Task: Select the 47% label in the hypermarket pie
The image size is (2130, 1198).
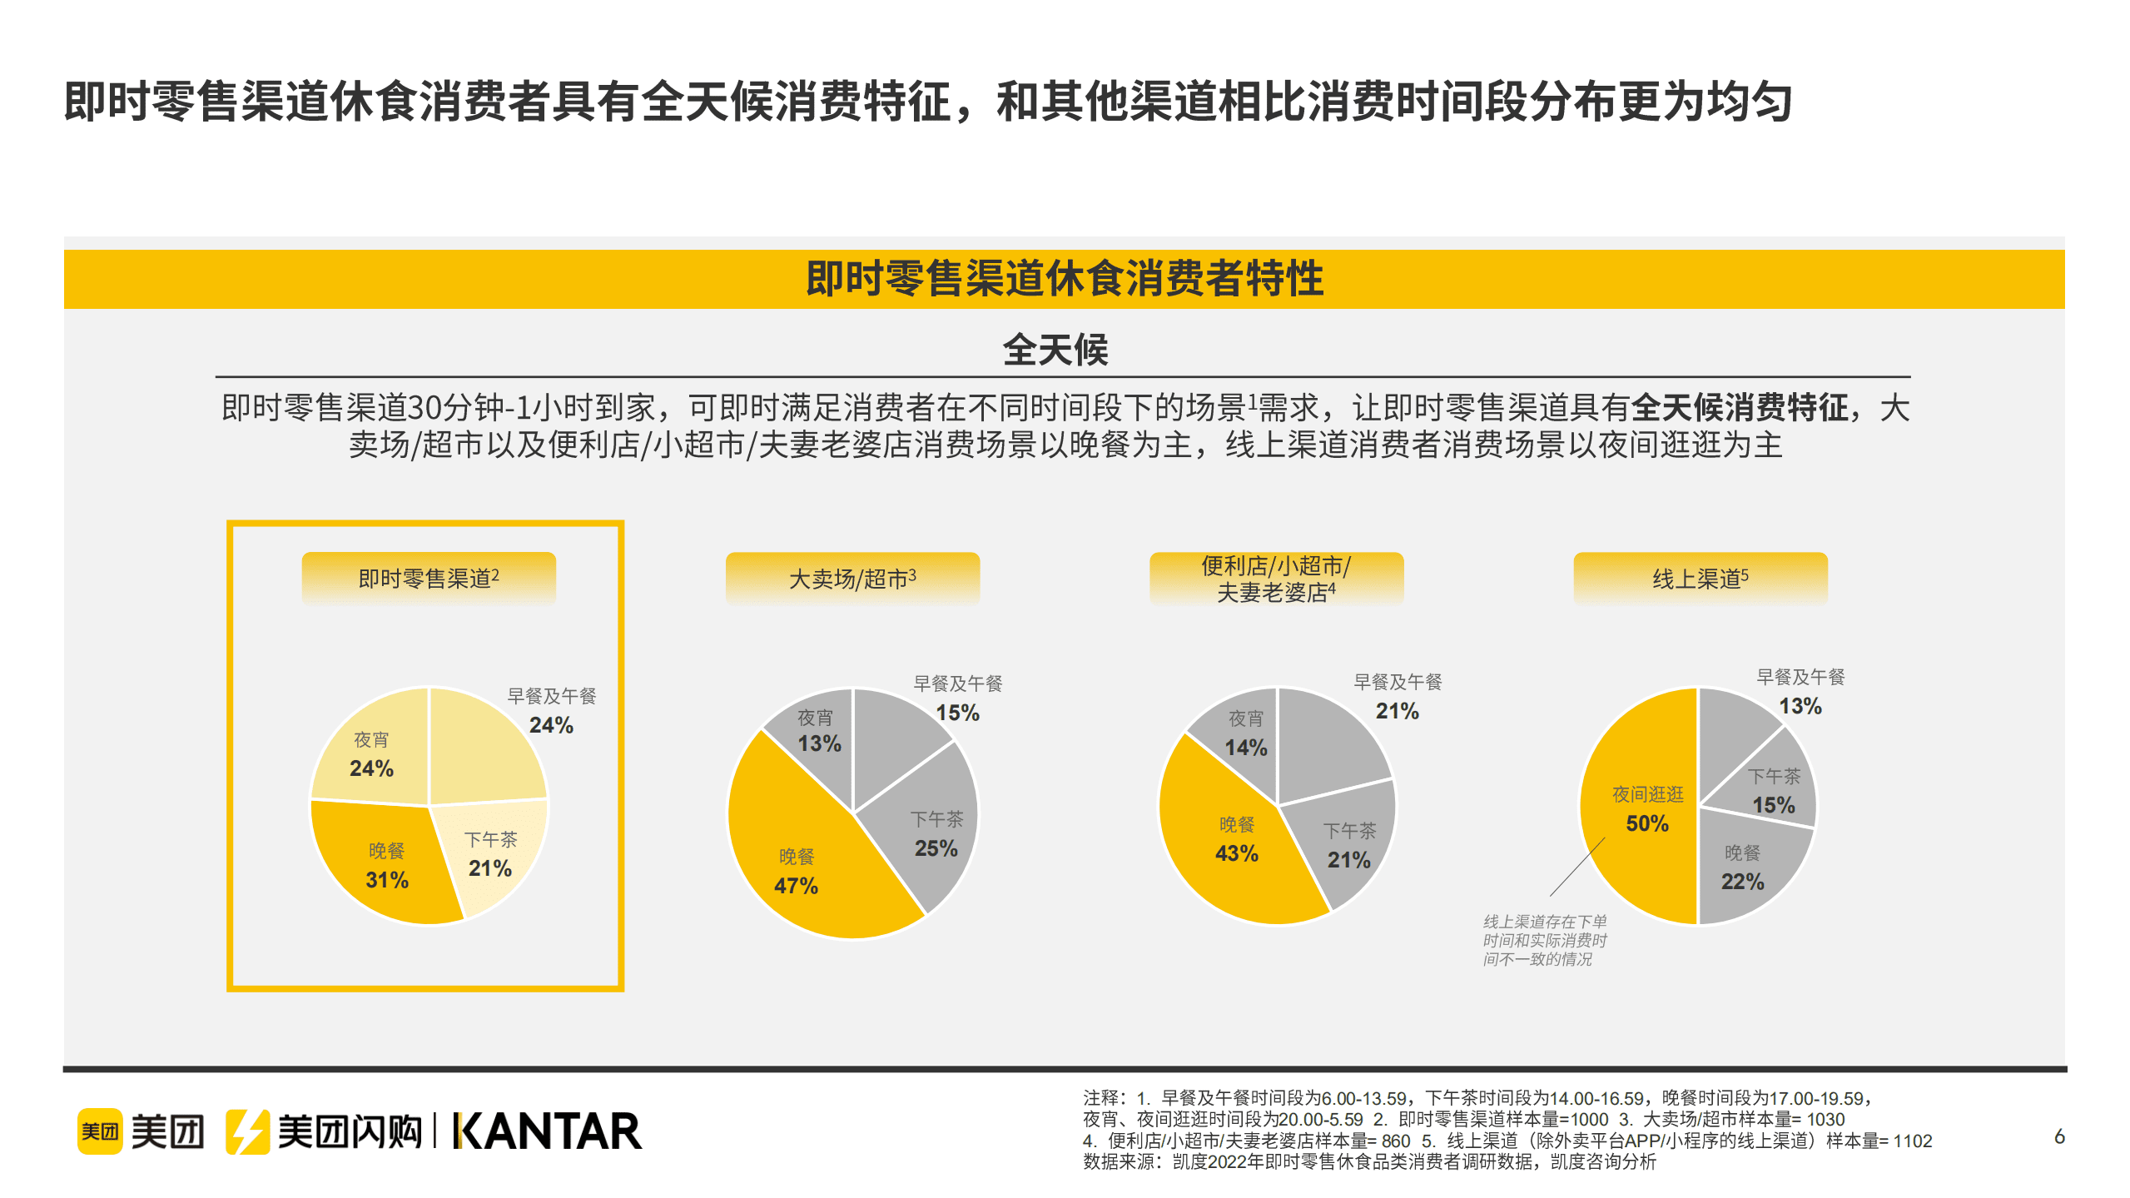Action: point(796,886)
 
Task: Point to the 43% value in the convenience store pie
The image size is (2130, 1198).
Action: point(1236,853)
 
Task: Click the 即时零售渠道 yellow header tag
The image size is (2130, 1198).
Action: point(428,578)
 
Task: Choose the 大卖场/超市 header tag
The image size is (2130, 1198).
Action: point(852,578)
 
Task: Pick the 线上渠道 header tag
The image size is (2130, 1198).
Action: point(1700,578)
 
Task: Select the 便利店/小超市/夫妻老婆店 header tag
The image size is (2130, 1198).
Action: point(1275,578)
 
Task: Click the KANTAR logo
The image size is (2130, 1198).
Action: point(547,1131)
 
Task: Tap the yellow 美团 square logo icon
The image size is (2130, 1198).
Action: point(100,1131)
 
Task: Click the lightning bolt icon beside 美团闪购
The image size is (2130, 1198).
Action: point(247,1131)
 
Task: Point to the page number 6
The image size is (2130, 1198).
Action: point(2058,1136)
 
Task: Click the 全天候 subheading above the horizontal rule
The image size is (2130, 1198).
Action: point(1055,350)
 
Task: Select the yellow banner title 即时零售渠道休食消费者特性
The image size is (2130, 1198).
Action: point(1064,278)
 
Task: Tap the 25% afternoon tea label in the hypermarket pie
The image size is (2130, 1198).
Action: point(936,848)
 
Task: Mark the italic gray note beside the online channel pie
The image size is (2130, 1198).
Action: point(1544,940)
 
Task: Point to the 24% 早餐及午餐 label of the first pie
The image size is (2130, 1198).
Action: point(551,724)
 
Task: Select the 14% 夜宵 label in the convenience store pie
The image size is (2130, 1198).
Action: point(1245,747)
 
